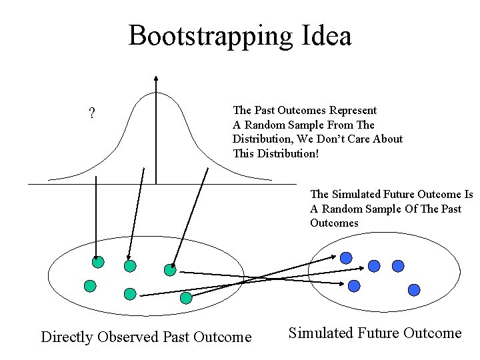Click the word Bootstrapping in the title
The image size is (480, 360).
tap(207, 35)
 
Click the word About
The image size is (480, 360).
tap(389, 139)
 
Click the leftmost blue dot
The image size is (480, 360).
tap(346, 257)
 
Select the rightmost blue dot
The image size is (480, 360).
tap(414, 290)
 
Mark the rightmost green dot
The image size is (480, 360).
tap(186, 297)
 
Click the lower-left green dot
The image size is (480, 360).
tap(89, 286)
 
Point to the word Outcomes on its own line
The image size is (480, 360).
tap(334, 223)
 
